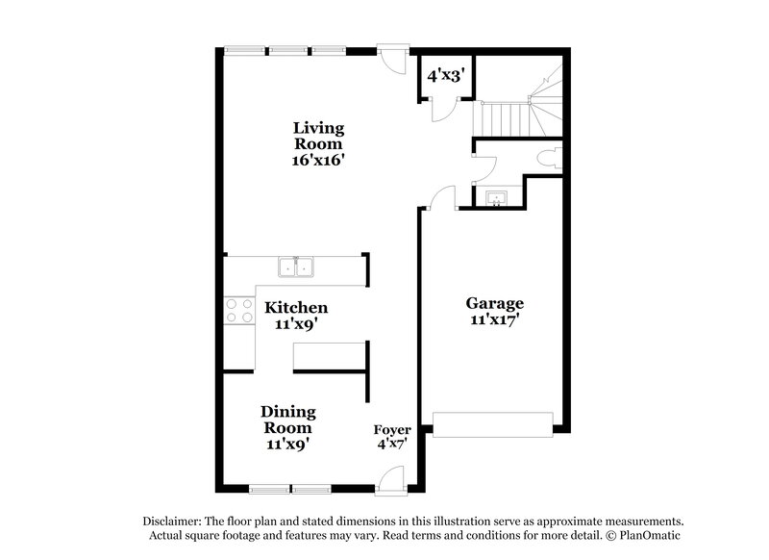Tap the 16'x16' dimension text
pyautogui.click(x=318, y=161)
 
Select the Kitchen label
pyautogui.click(x=296, y=308)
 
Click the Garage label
pyautogui.click(x=495, y=301)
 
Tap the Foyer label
pyautogui.click(x=392, y=429)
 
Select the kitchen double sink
pyautogui.click(x=295, y=267)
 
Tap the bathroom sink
pyautogui.click(x=497, y=198)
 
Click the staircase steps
pyautogui.click(x=502, y=120)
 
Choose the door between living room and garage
pyautogui.click(x=439, y=199)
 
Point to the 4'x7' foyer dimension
pyautogui.click(x=392, y=445)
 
